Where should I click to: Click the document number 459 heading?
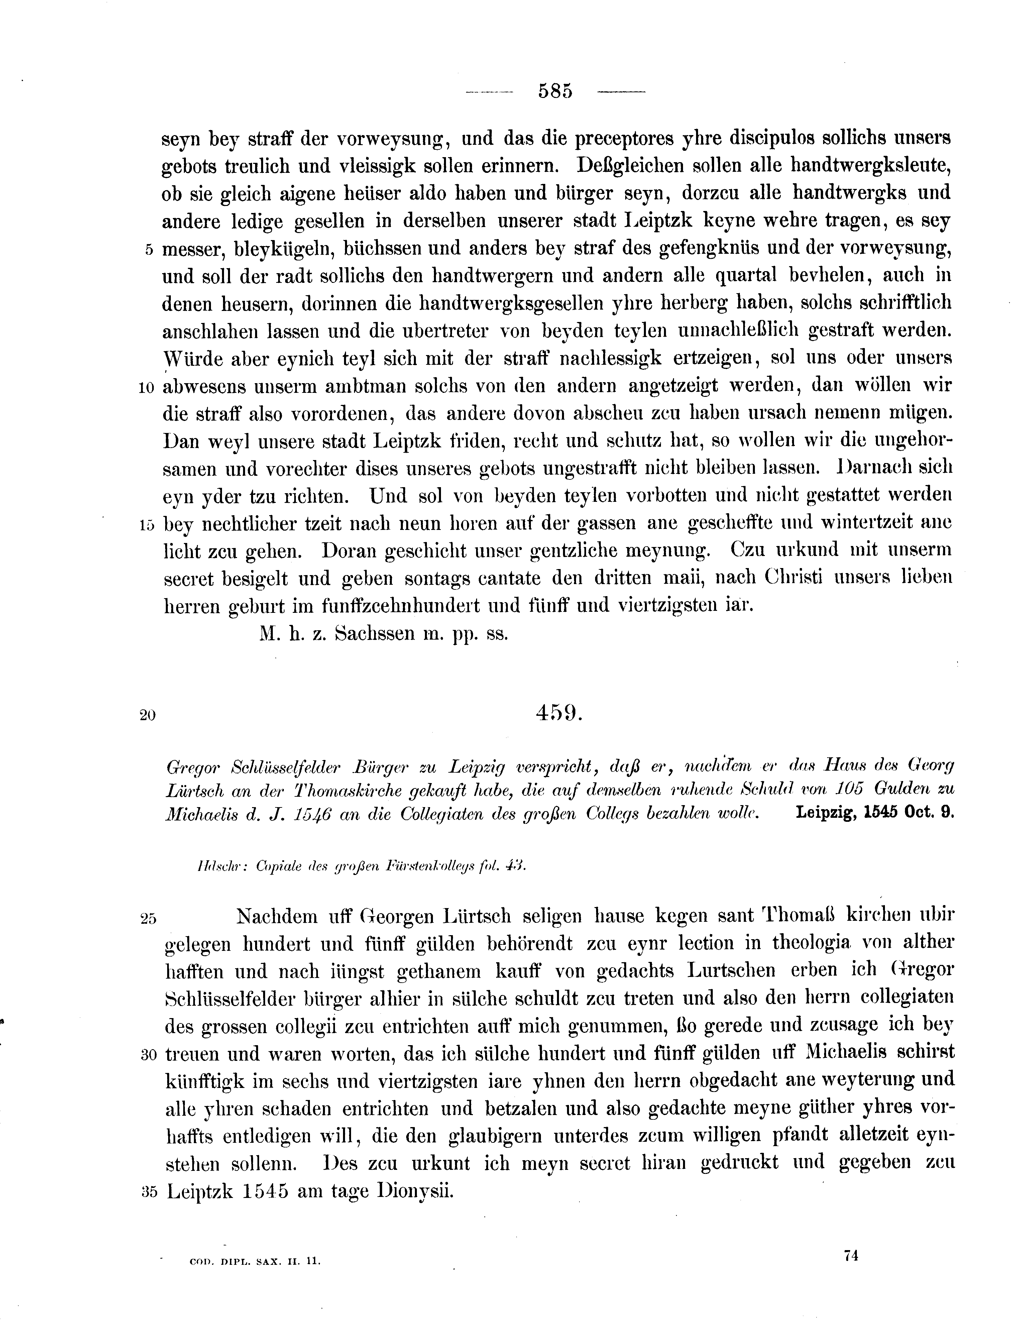(x=558, y=713)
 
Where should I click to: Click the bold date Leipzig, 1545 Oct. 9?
(x=875, y=813)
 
